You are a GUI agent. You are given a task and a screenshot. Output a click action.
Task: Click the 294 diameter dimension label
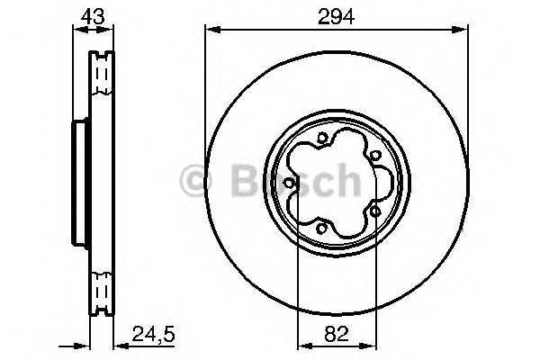pos(336,15)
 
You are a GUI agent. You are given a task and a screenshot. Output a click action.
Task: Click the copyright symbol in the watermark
pos(195,181)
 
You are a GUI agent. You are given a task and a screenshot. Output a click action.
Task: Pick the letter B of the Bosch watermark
pos(240,181)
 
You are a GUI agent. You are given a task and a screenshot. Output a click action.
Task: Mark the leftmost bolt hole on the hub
pos(288,184)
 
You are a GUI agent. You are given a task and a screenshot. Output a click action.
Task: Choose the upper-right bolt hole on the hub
pos(373,155)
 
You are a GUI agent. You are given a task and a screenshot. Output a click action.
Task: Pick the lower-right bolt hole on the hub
pos(373,212)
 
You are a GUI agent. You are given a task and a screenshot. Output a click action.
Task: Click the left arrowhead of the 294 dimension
pos(211,30)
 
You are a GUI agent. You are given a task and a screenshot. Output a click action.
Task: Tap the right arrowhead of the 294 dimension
pos(463,30)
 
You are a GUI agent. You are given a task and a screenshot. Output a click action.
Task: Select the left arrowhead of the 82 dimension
pos(302,344)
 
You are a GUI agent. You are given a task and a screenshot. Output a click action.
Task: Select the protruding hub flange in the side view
pos(77,184)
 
